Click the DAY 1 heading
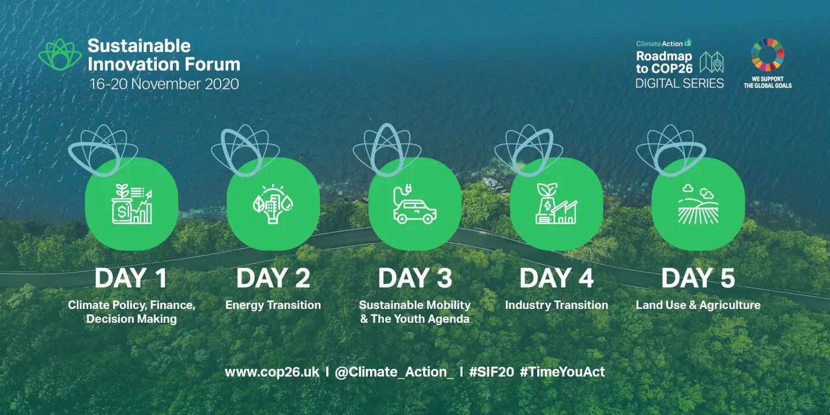131,279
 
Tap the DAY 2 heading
273,279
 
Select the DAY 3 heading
415,279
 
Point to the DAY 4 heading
556,279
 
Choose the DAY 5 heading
698,279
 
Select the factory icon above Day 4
556,204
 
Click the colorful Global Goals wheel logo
767,55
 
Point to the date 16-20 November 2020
164,84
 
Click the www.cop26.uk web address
271,372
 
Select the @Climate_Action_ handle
394,372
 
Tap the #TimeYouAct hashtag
562,372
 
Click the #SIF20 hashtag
491,372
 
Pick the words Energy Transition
273,305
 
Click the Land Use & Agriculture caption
698,305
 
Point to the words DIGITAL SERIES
679,83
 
